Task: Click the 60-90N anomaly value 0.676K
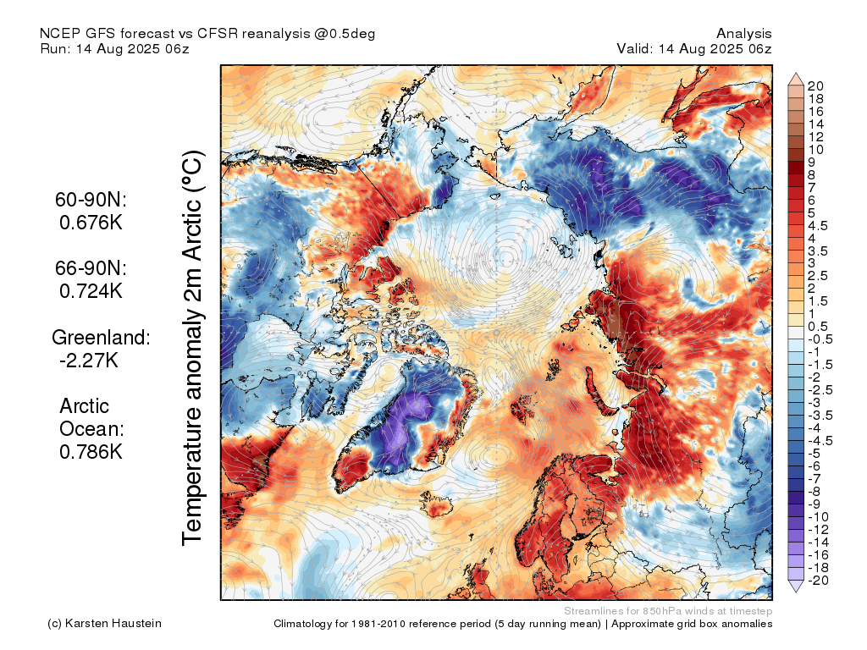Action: click(91, 223)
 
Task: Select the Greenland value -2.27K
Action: click(88, 361)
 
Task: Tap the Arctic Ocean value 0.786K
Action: click(91, 452)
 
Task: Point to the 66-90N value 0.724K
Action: click(91, 291)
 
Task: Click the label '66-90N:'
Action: click(91, 268)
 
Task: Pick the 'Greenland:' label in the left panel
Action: click(101, 337)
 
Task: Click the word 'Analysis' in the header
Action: click(743, 34)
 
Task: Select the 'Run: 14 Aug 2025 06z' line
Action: click(114, 48)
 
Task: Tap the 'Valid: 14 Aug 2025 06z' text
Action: click(694, 48)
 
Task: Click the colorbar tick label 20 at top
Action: click(815, 86)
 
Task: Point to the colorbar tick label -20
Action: click(818, 581)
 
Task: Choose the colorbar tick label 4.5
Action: click(818, 226)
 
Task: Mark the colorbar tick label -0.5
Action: click(820, 339)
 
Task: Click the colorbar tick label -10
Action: click(818, 517)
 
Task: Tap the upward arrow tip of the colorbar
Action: click(796, 73)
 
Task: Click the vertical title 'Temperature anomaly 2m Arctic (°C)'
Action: click(192, 348)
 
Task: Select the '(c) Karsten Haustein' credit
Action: click(104, 624)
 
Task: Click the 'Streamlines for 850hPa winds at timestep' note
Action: click(668, 611)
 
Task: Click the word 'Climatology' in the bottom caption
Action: click(302, 624)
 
